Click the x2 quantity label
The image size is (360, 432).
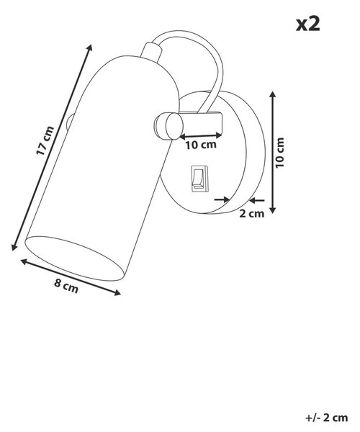click(308, 24)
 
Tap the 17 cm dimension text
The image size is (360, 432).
click(45, 140)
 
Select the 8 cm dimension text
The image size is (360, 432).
click(66, 287)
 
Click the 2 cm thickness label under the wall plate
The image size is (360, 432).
click(251, 214)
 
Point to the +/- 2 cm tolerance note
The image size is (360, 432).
click(326, 418)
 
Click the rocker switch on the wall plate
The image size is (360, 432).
click(199, 179)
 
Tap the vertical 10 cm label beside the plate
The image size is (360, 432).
click(279, 153)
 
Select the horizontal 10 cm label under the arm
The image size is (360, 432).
click(201, 145)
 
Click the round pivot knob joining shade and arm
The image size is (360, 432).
click(168, 126)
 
